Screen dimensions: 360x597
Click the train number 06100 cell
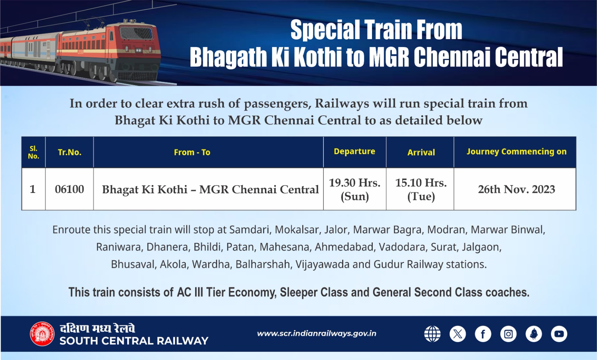pos(69,189)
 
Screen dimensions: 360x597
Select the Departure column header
pos(354,151)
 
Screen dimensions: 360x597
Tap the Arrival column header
pos(421,152)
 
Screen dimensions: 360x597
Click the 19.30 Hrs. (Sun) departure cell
pos(354,189)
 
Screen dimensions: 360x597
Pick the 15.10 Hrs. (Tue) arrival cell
pos(421,189)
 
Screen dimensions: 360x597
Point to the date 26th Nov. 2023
pos(516,189)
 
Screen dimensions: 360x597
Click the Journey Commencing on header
pos(516,151)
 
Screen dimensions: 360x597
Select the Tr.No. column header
pos(69,152)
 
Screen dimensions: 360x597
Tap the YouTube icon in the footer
pos(559,334)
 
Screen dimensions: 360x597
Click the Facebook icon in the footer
pos(483,334)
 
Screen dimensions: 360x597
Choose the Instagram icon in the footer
pos(508,334)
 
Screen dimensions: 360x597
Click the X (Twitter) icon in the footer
pos(457,334)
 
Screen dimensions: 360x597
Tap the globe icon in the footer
pos(432,334)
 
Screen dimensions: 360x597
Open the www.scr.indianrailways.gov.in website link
pos(316,334)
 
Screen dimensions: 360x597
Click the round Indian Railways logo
pos(42,334)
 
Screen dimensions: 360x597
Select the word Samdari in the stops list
pos(249,229)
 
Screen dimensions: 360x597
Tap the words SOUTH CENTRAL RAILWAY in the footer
pos(134,341)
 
